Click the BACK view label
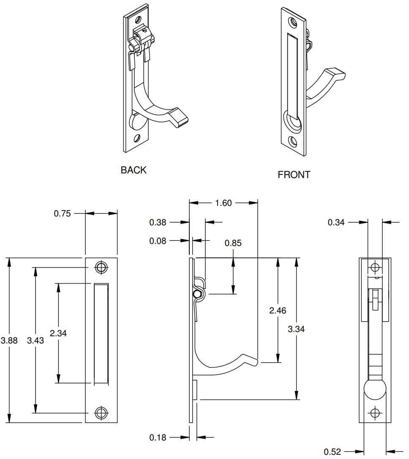tap(134, 170)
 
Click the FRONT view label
tap(294, 175)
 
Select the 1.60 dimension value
tap(224, 203)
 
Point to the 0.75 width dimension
tap(62, 213)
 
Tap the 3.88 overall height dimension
tap(9, 340)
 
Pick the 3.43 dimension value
tap(35, 340)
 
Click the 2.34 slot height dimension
tap(58, 333)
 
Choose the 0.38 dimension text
tap(158, 222)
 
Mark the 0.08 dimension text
tap(158, 241)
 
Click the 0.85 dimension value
tap(233, 243)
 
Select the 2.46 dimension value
tap(278, 310)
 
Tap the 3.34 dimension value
tap(296, 329)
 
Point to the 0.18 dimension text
tap(158, 437)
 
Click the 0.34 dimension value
tap(336, 222)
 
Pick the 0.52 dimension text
tap(332, 452)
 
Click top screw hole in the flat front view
tap(101, 267)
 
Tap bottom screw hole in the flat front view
tap(101, 413)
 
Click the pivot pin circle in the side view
tap(196, 294)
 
